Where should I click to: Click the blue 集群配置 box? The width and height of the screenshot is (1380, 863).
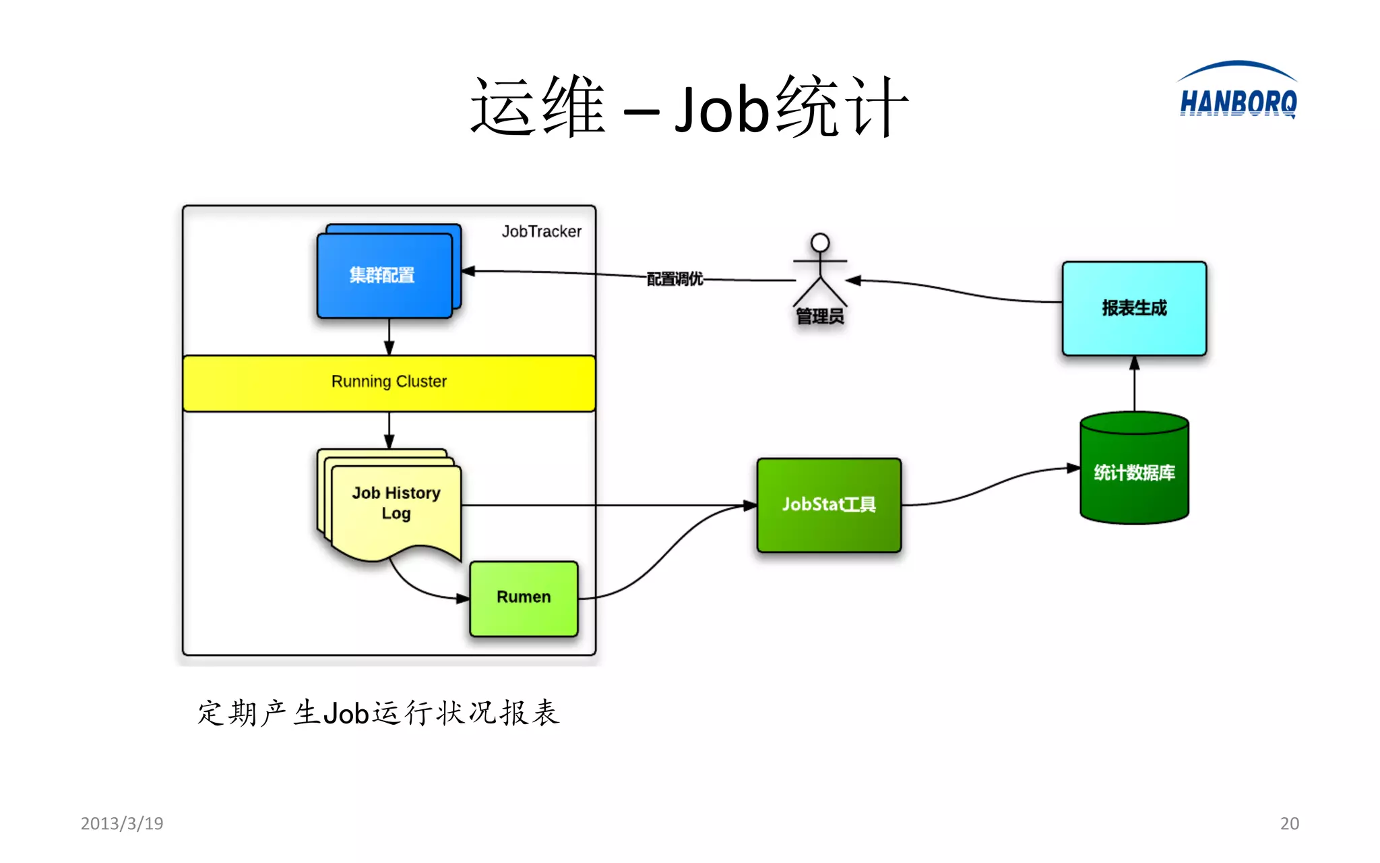384,275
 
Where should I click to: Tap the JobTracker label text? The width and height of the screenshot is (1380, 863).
541,231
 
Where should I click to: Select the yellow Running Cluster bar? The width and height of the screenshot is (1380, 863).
389,382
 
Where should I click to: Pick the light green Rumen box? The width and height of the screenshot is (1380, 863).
524,598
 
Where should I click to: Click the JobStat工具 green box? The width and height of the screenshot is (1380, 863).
829,505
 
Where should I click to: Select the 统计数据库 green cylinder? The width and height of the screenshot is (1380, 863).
1134,473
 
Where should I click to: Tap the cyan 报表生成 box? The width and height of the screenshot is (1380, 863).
1134,308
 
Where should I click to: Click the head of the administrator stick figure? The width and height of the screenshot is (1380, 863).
820,242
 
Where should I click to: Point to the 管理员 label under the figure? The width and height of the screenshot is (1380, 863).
819,316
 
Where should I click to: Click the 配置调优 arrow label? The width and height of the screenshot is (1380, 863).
675,278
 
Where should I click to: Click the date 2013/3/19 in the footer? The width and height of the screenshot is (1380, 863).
122,823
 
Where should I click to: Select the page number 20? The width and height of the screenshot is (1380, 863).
1289,823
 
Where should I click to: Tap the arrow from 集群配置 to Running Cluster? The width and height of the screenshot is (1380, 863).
389,336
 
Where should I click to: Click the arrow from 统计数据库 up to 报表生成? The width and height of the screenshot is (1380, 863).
1134,384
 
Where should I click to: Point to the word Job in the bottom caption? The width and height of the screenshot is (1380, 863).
346,713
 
